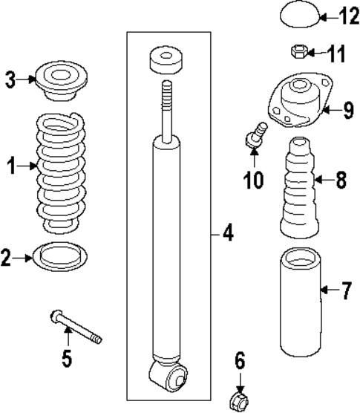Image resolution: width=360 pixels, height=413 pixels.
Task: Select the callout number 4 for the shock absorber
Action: pos(227,235)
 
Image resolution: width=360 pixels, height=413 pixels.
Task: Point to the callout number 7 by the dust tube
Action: pos(346,290)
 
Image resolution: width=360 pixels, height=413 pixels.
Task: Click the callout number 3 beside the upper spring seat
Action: pos(9,78)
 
